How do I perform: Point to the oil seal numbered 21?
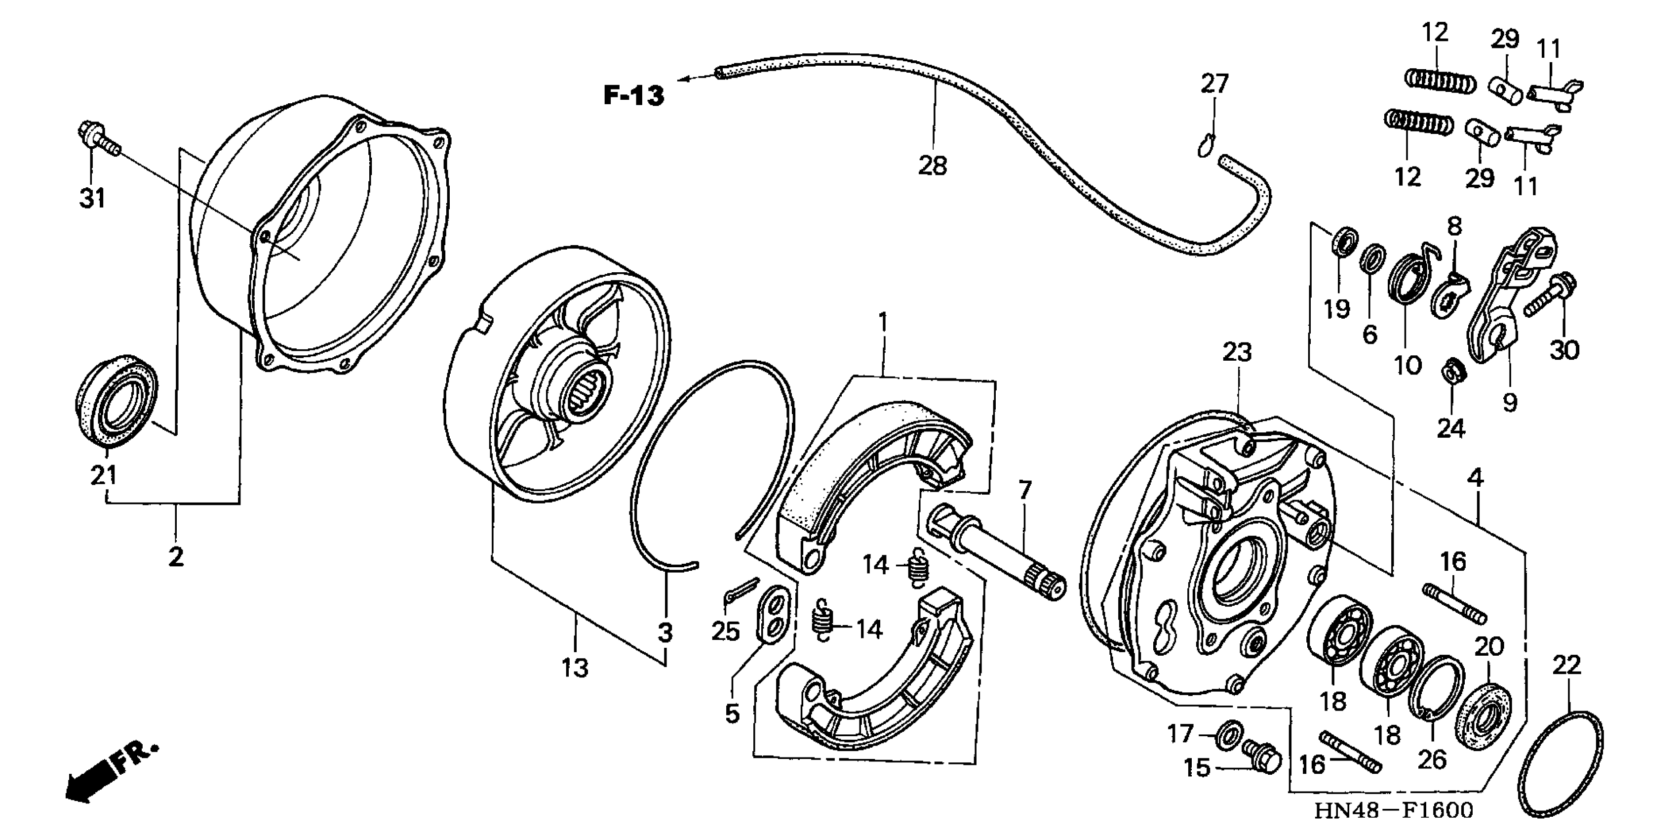coord(117,401)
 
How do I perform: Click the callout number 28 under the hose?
coord(932,166)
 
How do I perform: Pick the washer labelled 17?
coord(1229,734)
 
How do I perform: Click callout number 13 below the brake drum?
coord(575,668)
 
